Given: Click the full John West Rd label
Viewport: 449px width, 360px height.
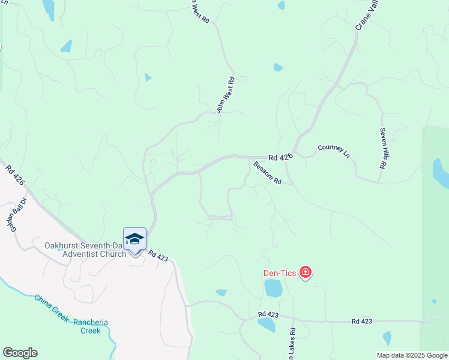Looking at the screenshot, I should [x=225, y=95].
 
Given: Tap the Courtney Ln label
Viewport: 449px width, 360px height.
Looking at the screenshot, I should [x=333, y=151].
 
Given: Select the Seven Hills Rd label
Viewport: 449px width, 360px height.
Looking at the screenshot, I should [x=382, y=148].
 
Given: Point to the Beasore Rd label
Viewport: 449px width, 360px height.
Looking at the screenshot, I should [x=267, y=173].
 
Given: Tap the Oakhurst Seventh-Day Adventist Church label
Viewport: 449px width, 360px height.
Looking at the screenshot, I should [x=85, y=250].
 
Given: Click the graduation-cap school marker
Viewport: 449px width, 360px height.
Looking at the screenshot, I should [x=134, y=239].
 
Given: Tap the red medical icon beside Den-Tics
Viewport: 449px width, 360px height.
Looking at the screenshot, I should [x=306, y=274].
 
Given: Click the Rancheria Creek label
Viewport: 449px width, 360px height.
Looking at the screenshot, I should [x=91, y=326].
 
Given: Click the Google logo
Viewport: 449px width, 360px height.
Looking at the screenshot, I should [x=20, y=353].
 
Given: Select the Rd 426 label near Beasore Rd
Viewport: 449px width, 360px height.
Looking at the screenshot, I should [x=280, y=157].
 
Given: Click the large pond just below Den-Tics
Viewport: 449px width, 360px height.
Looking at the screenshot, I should [x=273, y=289].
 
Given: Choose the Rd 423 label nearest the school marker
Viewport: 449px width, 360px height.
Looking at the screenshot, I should [x=158, y=256].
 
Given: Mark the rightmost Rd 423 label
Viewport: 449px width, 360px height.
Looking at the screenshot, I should [x=363, y=322].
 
